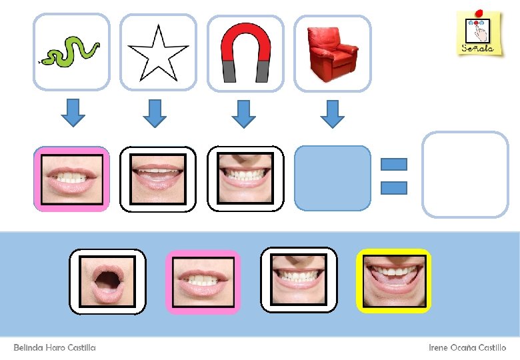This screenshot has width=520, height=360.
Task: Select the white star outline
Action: tap(158, 53)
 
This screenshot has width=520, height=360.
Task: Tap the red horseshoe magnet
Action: tap(245, 53)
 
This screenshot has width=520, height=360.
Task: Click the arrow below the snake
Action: tap(73, 113)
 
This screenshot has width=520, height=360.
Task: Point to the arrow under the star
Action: tap(156, 113)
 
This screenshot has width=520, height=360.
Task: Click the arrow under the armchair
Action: tap(332, 113)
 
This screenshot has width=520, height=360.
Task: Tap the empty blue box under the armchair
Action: tap(332, 178)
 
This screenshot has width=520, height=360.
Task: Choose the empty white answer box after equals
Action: tap(465, 175)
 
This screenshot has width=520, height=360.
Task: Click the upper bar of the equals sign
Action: tap(394, 164)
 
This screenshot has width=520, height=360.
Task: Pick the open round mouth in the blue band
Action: tap(107, 281)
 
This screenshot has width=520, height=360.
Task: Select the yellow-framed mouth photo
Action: tap(393, 281)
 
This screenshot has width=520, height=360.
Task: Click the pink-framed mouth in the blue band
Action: tap(203, 281)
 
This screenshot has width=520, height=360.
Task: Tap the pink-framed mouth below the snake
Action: tap(71, 179)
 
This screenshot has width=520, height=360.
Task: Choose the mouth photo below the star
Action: tap(158, 179)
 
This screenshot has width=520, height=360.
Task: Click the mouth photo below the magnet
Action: tap(245, 178)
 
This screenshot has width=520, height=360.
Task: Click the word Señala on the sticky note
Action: tap(477, 47)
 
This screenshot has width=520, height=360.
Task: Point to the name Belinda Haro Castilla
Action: tap(55, 348)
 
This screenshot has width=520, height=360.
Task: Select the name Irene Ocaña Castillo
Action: tap(467, 348)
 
